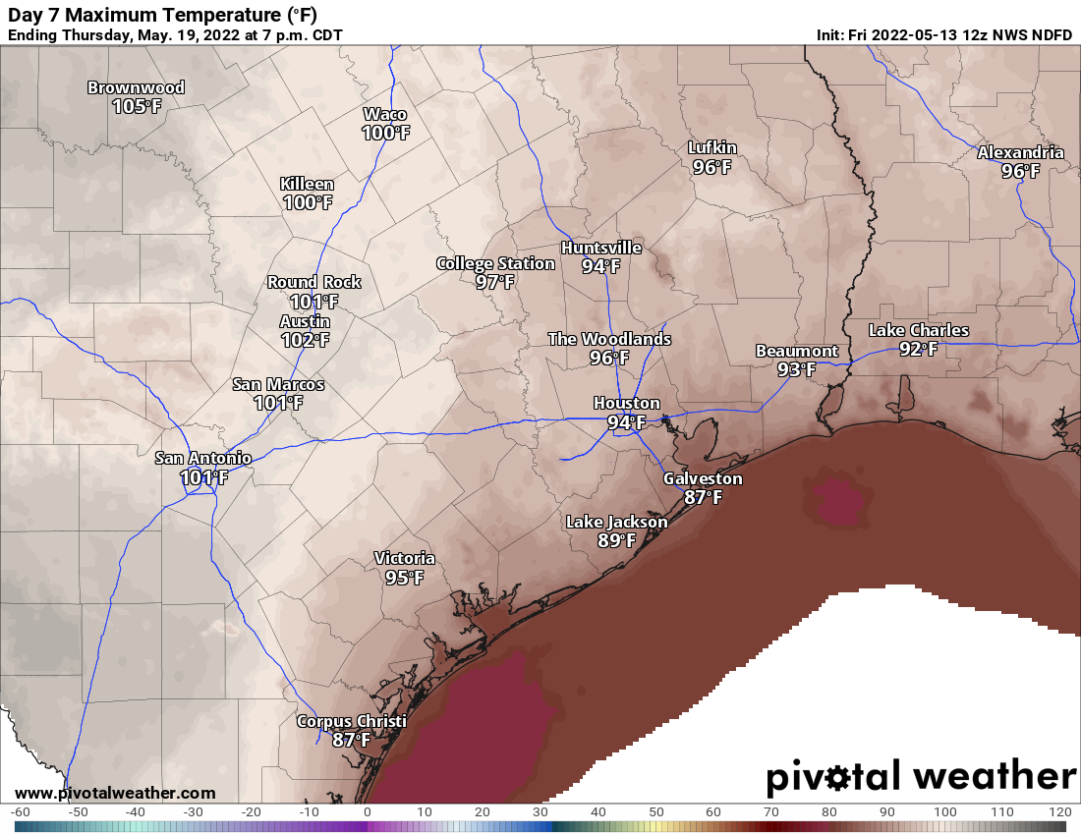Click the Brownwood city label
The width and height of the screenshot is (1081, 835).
click(x=136, y=87)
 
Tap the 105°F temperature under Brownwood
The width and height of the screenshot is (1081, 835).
click(x=136, y=106)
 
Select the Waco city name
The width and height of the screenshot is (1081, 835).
click(x=385, y=114)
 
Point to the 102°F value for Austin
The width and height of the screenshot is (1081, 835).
click(x=305, y=340)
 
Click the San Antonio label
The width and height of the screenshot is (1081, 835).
click(x=203, y=458)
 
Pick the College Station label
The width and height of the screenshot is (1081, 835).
click(x=495, y=263)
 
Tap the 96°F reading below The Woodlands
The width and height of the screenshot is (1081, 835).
click(x=609, y=358)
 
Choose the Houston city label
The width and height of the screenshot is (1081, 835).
click(x=626, y=404)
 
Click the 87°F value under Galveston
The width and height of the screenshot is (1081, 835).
click(x=703, y=497)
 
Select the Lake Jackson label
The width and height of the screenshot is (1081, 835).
click(x=616, y=522)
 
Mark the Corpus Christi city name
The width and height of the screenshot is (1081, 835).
click(x=351, y=722)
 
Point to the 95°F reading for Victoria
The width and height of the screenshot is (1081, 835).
click(x=404, y=578)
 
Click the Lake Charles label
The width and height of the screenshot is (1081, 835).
click(x=918, y=330)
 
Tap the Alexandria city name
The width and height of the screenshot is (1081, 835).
click(x=1020, y=152)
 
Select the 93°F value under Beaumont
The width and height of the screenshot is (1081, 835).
click(x=796, y=369)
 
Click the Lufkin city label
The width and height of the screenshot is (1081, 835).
click(x=711, y=148)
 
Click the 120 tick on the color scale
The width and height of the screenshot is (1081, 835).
click(x=1059, y=812)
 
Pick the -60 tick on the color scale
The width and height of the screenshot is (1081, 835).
click(x=21, y=812)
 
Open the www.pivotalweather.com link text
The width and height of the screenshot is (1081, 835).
click(x=115, y=793)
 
